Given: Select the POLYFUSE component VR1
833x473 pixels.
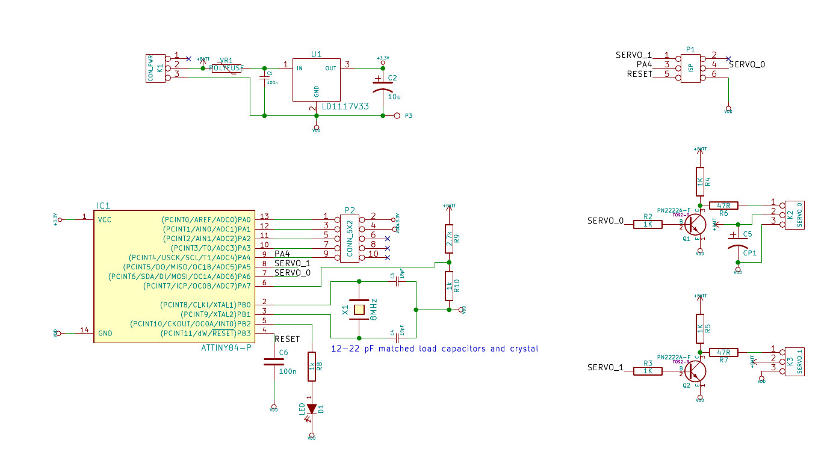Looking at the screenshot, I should pos(227,69).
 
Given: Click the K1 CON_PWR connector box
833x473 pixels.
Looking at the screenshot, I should pos(155,68).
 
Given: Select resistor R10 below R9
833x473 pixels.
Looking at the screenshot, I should pos(448,285).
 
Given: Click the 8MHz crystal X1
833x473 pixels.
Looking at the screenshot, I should pos(359,310).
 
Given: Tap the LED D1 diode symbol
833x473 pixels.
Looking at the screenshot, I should pos(311,409).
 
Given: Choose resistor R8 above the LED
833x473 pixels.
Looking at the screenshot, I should pos(311,366).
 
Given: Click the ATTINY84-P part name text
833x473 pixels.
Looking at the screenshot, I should pos(226,348).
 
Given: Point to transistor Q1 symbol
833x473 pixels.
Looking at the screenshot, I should pos(695,224).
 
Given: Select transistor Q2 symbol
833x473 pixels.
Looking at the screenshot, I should pos(695,371).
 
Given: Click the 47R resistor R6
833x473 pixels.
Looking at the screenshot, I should pos(723,206).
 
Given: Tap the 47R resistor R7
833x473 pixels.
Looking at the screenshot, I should pos(723,352).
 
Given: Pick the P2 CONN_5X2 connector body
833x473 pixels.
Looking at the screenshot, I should pos(350,239).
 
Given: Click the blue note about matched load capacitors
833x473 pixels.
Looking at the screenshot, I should pos(435,349).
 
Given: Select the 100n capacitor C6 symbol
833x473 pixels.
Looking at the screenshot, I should pos(274,362).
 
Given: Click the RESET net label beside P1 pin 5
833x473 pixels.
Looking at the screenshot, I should pos(639,75).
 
